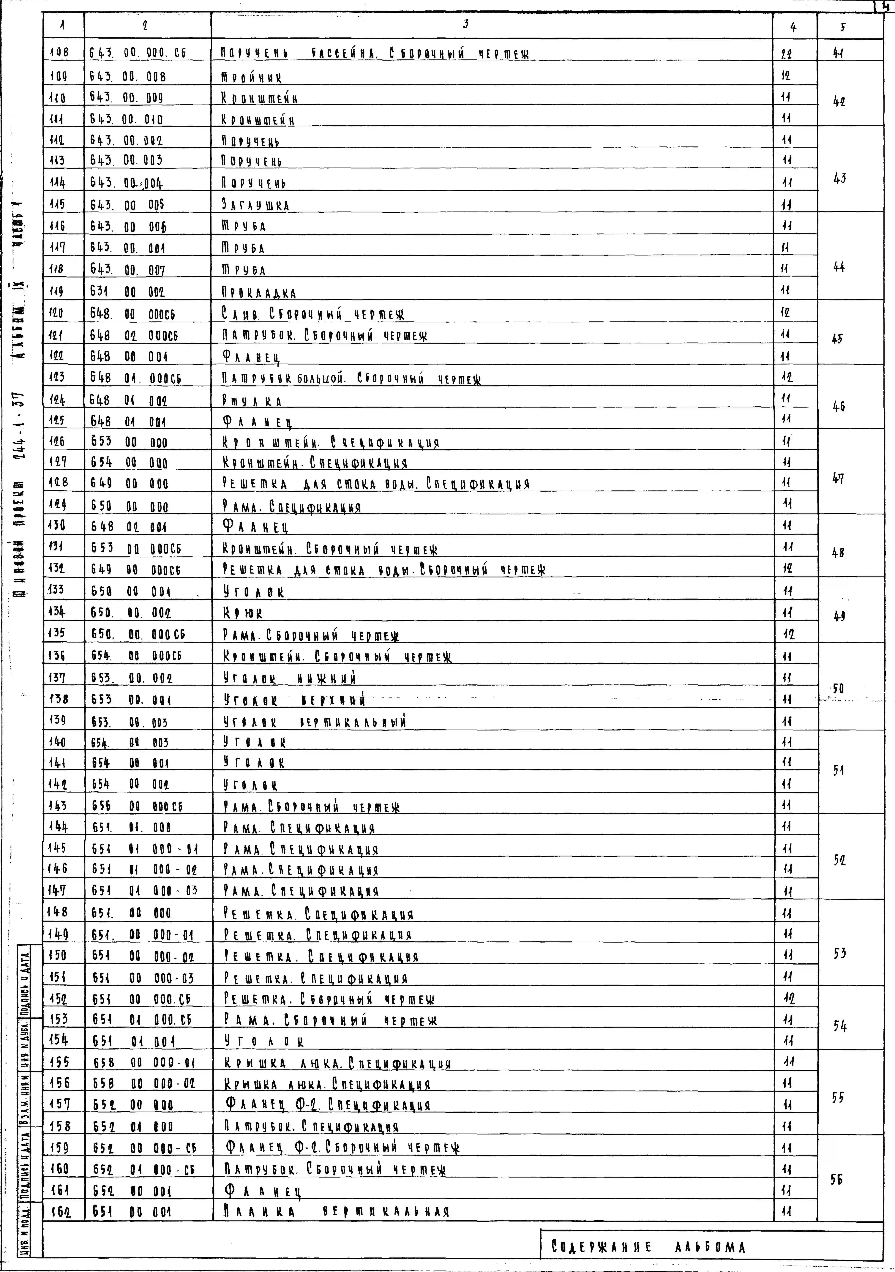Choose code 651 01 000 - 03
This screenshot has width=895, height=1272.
point(144,891)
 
